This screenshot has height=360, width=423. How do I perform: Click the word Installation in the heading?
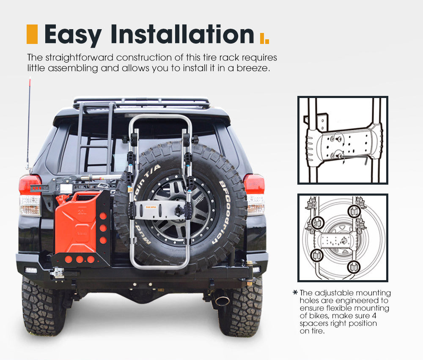(x=182, y=35)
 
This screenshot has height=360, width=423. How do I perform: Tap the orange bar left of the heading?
(x=32, y=34)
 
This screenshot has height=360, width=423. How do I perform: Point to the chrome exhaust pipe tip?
(x=222, y=301)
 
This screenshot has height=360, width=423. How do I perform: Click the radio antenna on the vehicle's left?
(x=29, y=123)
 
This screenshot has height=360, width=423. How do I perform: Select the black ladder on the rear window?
(x=95, y=139)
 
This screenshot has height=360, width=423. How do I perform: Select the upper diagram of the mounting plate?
(x=343, y=140)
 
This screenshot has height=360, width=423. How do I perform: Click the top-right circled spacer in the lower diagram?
(x=354, y=211)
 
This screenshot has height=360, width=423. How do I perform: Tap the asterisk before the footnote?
(x=295, y=292)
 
